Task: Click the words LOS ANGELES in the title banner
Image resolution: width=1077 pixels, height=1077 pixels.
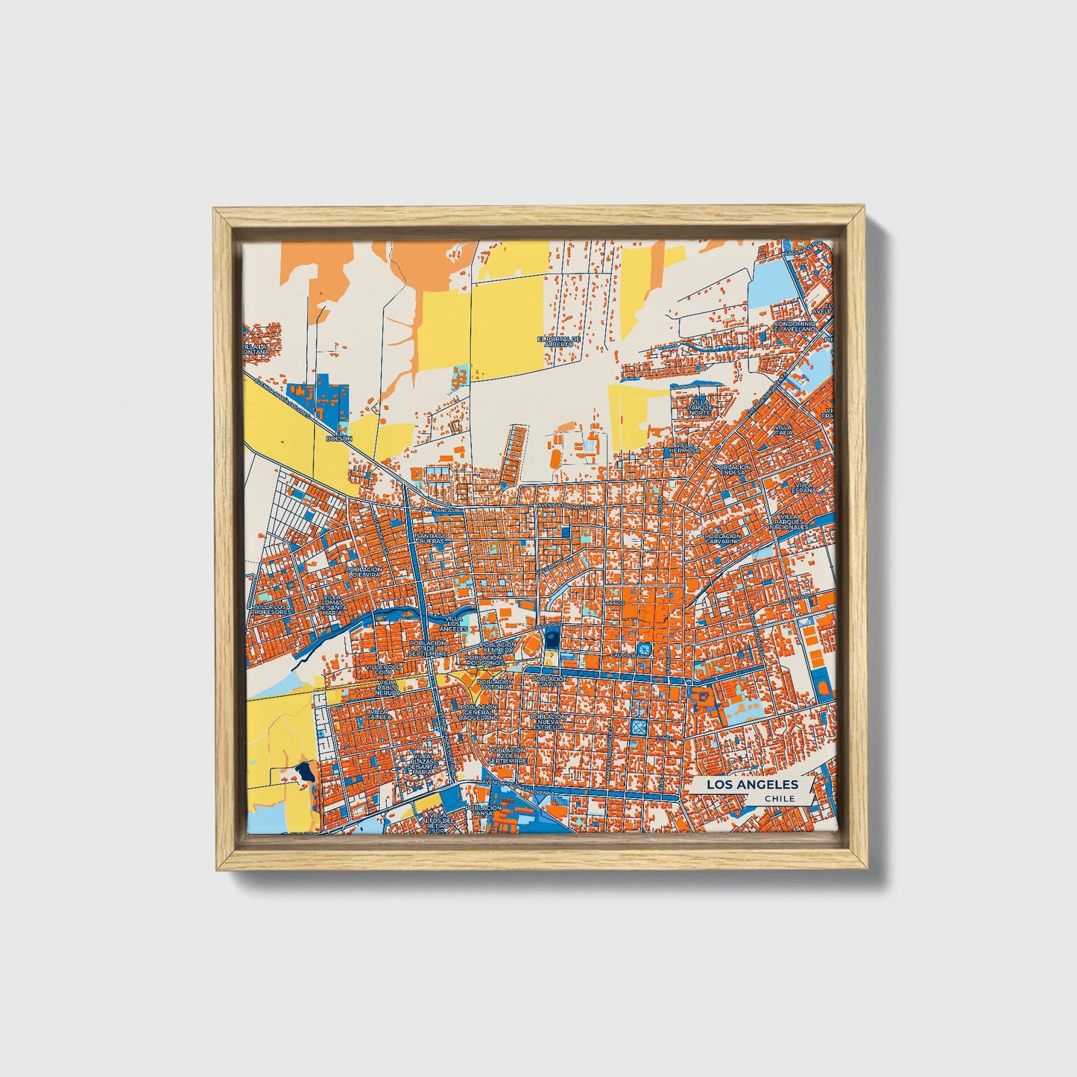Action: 751,784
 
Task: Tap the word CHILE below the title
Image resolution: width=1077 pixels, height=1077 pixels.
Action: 779,799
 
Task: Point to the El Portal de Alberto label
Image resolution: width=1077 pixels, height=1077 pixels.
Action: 559,341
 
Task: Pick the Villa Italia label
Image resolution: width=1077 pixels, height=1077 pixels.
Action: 783,429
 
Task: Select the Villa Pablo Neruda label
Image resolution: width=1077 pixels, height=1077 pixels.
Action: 387,687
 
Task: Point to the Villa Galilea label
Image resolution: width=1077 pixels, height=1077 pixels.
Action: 379,714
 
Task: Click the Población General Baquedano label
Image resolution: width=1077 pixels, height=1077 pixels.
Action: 479,711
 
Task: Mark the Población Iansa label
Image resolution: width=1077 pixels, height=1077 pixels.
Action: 485,811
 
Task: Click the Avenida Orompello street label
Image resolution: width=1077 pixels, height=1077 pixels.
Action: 565,505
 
